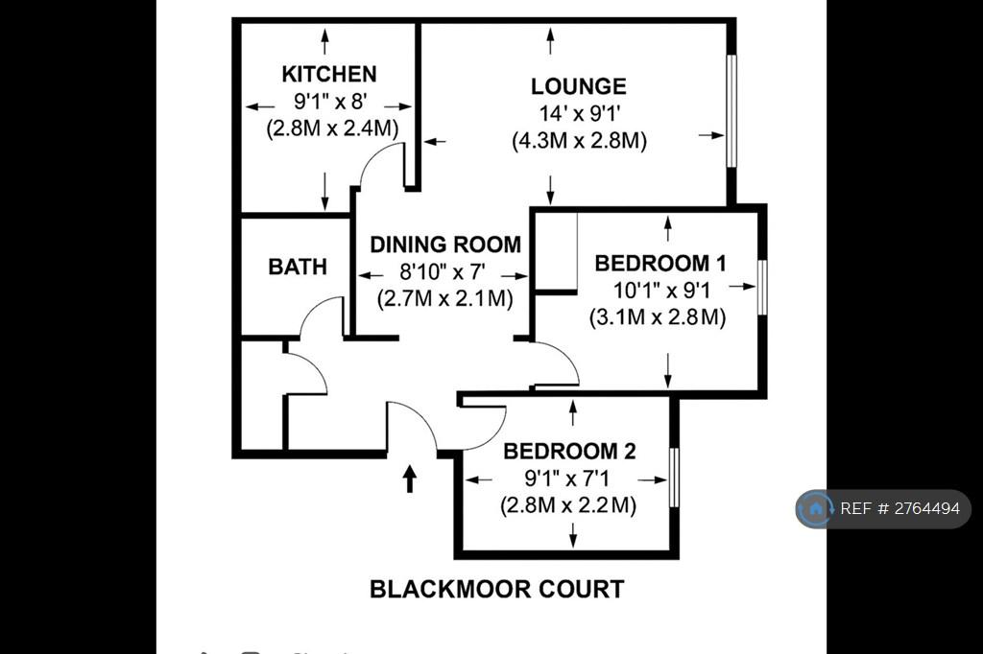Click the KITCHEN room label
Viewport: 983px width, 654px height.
click(329, 74)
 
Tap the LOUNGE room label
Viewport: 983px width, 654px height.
click(579, 86)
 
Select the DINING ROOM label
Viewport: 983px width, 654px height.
click(445, 245)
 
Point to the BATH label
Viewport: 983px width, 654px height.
click(298, 267)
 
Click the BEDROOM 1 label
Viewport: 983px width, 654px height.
click(660, 263)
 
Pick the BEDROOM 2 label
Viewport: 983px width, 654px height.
click(569, 451)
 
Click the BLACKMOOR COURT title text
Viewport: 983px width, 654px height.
click(497, 589)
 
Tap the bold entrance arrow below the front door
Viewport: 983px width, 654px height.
click(409, 479)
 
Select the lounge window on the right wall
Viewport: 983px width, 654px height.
click(731, 111)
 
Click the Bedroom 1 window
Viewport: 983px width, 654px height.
click(762, 288)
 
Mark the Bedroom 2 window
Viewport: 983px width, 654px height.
click(675, 478)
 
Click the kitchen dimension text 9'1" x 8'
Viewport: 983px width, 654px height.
click(330, 101)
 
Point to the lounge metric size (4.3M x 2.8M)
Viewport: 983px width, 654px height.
click(579, 140)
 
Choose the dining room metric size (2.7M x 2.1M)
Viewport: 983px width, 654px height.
click(445, 298)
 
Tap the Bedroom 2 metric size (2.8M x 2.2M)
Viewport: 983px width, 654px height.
click(568, 505)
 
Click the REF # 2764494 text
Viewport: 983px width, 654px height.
click(899, 508)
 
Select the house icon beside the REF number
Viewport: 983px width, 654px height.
click(816, 508)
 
